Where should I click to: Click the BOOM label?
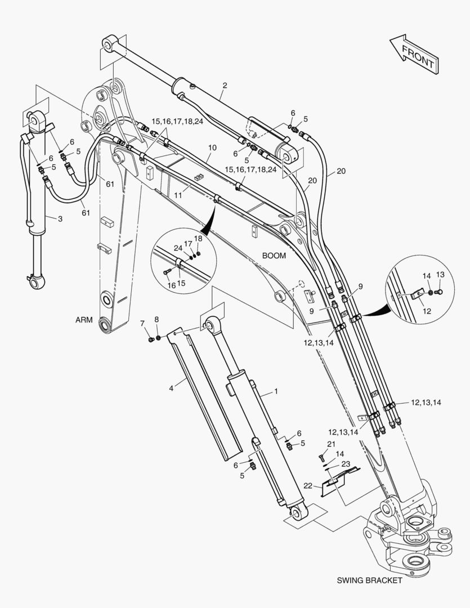pyautogui.click(x=274, y=255)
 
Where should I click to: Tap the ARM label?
pyautogui.click(x=84, y=320)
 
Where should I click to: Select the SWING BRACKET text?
pyautogui.click(x=369, y=580)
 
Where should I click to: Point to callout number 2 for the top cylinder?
pyautogui.click(x=225, y=86)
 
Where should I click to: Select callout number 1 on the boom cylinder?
pyautogui.click(x=276, y=391)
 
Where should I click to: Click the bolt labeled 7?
pyautogui.click(x=150, y=339)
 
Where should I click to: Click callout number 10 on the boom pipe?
pyautogui.click(x=212, y=147)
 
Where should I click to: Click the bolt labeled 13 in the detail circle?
pyautogui.click(x=441, y=291)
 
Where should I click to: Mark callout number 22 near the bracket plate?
pyautogui.click(x=307, y=486)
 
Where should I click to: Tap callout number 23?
pyautogui.click(x=346, y=464)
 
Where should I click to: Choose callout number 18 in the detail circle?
pyautogui.click(x=198, y=238)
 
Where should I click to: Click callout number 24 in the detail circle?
pyautogui.click(x=178, y=248)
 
